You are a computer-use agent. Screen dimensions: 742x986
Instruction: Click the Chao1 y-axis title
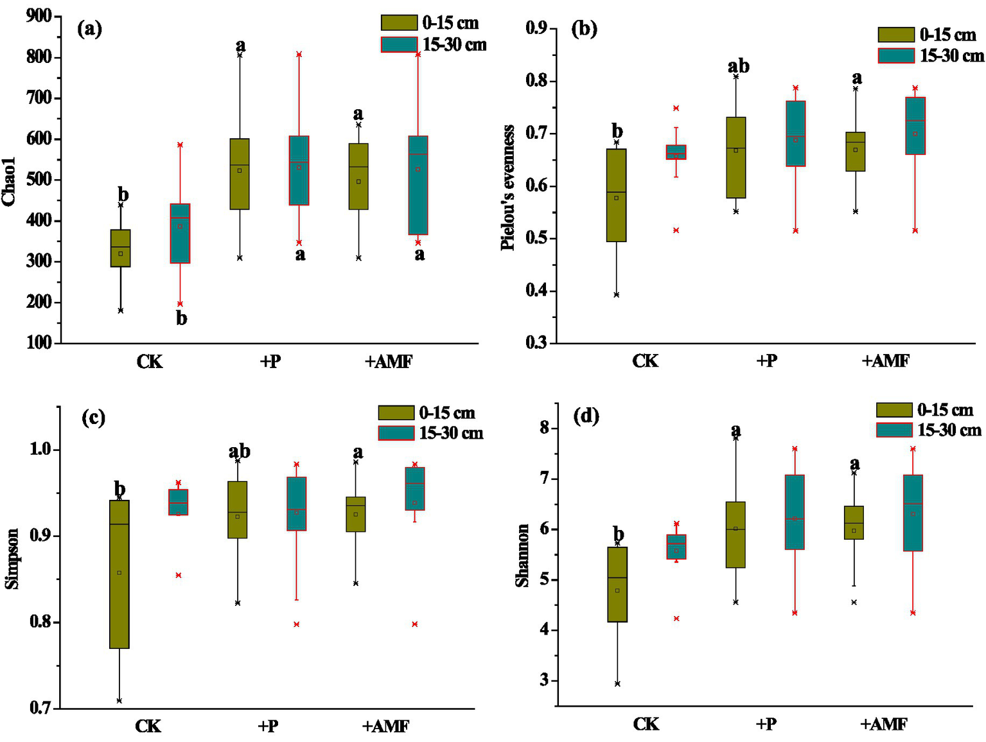pos(9,181)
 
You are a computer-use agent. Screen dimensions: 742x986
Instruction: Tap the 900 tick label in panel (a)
pos(39,16)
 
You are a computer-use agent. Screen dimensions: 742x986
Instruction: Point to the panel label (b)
pos(584,29)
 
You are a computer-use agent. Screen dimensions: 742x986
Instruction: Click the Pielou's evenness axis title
pos(508,187)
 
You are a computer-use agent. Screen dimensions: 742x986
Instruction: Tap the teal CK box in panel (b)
pos(676,152)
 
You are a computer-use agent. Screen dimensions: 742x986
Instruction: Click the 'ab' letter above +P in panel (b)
pos(738,66)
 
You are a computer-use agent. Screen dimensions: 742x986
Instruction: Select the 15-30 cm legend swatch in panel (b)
pos(895,56)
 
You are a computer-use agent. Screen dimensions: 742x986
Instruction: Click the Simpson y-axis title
pos(12,558)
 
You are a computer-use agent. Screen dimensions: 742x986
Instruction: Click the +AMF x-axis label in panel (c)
pos(385,727)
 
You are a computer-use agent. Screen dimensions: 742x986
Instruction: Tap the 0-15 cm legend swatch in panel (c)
pos(396,412)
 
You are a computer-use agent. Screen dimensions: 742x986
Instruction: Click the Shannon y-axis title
pos(522,555)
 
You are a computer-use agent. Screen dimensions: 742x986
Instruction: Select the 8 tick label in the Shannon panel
pos(545,428)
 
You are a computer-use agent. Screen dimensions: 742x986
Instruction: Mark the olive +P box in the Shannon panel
pos(735,534)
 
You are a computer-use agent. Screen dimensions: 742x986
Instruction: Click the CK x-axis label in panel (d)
pos(646,724)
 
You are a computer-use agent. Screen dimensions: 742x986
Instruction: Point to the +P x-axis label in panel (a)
pos(270,362)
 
